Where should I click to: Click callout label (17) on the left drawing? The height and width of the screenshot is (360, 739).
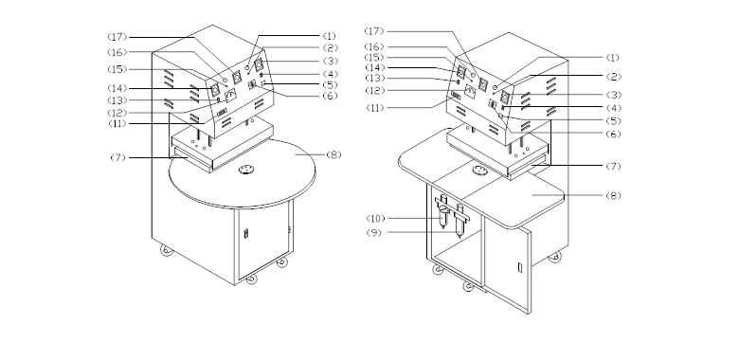[117, 37]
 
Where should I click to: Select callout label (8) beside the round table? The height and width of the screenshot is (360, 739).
[333, 155]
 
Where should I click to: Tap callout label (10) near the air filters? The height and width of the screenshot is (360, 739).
[375, 218]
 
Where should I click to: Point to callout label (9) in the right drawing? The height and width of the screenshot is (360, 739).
[373, 233]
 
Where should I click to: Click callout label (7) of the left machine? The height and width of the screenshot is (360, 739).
[118, 158]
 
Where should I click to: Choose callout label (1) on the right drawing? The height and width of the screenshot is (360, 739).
[612, 58]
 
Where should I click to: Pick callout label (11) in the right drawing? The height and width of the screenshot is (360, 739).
[375, 108]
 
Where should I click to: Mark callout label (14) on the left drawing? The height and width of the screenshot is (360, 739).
[117, 89]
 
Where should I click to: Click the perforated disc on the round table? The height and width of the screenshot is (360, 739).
[246, 170]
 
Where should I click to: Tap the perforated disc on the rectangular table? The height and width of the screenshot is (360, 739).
[479, 171]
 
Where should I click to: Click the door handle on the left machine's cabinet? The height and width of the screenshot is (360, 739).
[246, 233]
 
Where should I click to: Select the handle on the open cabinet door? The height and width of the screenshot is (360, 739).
[520, 268]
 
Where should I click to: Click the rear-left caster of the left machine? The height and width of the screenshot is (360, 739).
[167, 250]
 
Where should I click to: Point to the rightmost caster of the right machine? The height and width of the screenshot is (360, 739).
[554, 257]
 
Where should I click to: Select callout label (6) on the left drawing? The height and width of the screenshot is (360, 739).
[330, 96]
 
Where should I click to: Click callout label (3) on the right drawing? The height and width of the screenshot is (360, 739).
[614, 95]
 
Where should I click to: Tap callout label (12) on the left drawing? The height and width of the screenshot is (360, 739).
[117, 113]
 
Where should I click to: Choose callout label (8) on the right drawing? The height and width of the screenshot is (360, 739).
[614, 195]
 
